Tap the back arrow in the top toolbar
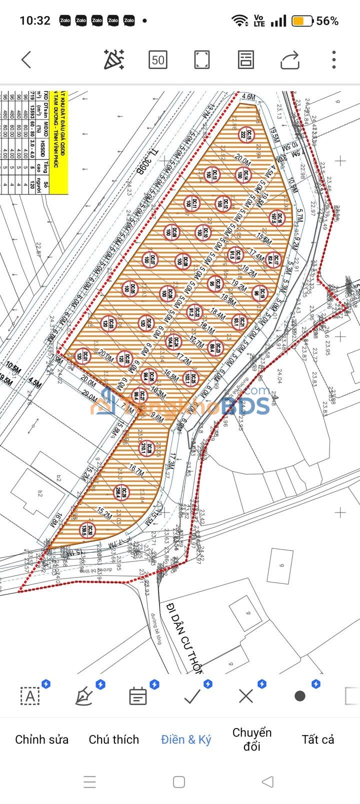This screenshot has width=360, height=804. pos(26,60)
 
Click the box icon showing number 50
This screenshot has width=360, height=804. pos(157,60)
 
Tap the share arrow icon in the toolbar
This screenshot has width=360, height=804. pos(290,60)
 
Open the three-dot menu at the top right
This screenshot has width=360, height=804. pos(334,60)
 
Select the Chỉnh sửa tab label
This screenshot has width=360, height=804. pos(42,739)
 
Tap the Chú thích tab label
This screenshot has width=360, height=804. pos(114,739)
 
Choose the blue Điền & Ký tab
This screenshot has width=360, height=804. pos(186,739)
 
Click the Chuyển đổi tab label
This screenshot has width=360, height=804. pos(252,739)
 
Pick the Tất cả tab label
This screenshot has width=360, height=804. pos(318,739)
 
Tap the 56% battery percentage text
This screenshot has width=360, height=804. pos(327,21)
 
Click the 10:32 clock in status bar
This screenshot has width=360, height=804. pos(35,21)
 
